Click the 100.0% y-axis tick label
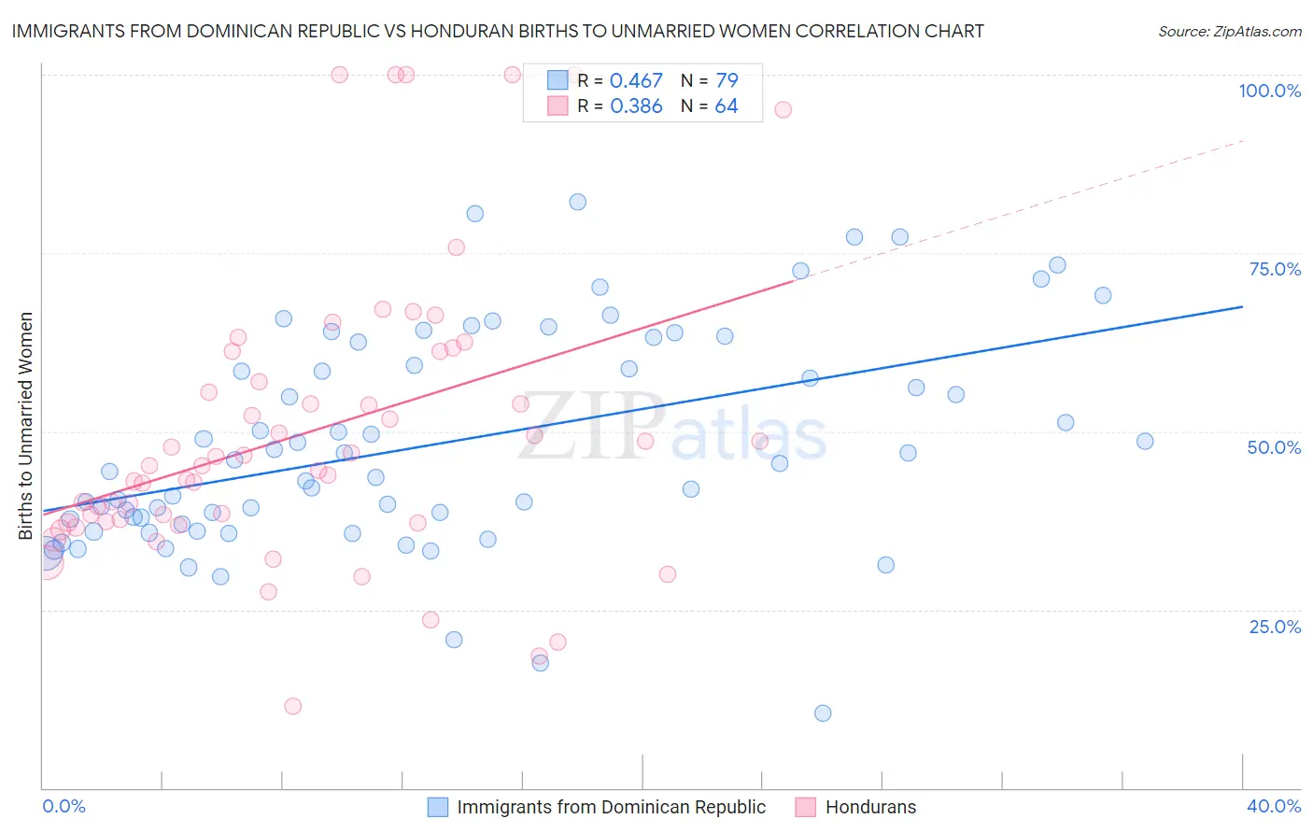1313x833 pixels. (x=1269, y=91)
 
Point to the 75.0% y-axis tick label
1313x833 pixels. (x=1275, y=269)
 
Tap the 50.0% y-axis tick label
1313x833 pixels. (x=1274, y=447)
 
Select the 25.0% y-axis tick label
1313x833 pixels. (x=1275, y=627)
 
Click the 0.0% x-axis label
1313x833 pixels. (x=64, y=806)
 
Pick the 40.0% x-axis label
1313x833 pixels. (x=1274, y=806)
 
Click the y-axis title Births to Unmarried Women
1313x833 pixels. (x=25, y=426)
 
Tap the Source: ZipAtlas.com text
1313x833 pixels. (x=1229, y=32)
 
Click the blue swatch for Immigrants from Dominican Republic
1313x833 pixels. (x=438, y=807)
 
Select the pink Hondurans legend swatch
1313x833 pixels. (x=806, y=807)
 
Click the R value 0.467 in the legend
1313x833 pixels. (x=636, y=81)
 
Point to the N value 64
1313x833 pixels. (x=726, y=106)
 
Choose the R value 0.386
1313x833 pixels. (x=636, y=106)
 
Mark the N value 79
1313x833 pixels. (x=726, y=81)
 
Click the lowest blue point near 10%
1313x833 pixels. (x=823, y=713)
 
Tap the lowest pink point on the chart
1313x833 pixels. (x=292, y=706)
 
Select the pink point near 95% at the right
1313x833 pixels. (x=783, y=109)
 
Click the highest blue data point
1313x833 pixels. (x=578, y=202)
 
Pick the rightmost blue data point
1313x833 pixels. (x=1145, y=441)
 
